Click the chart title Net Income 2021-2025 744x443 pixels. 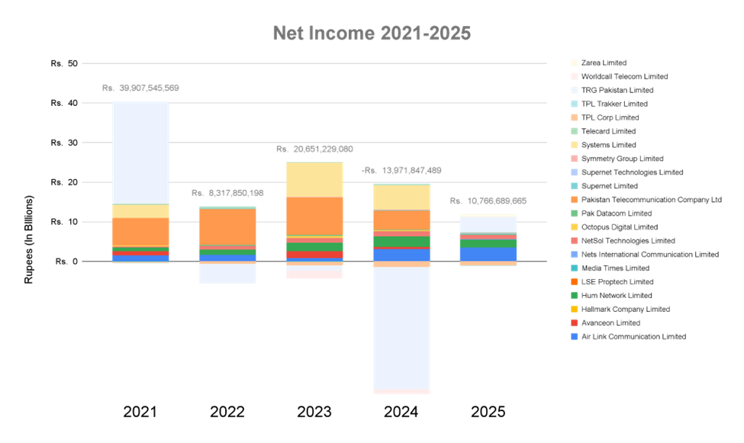(372, 34)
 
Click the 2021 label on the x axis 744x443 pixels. (140, 413)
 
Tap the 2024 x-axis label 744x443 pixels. (401, 413)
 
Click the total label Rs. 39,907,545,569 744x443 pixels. (140, 88)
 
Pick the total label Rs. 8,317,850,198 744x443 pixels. (227, 194)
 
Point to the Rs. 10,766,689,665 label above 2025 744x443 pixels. (488, 201)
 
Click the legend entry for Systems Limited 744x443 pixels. (608, 145)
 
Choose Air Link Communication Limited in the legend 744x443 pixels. (633, 336)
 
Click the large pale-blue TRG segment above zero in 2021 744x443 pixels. (140, 152)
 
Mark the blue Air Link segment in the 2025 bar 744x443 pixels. (488, 254)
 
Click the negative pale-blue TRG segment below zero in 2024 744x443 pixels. (401, 328)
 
